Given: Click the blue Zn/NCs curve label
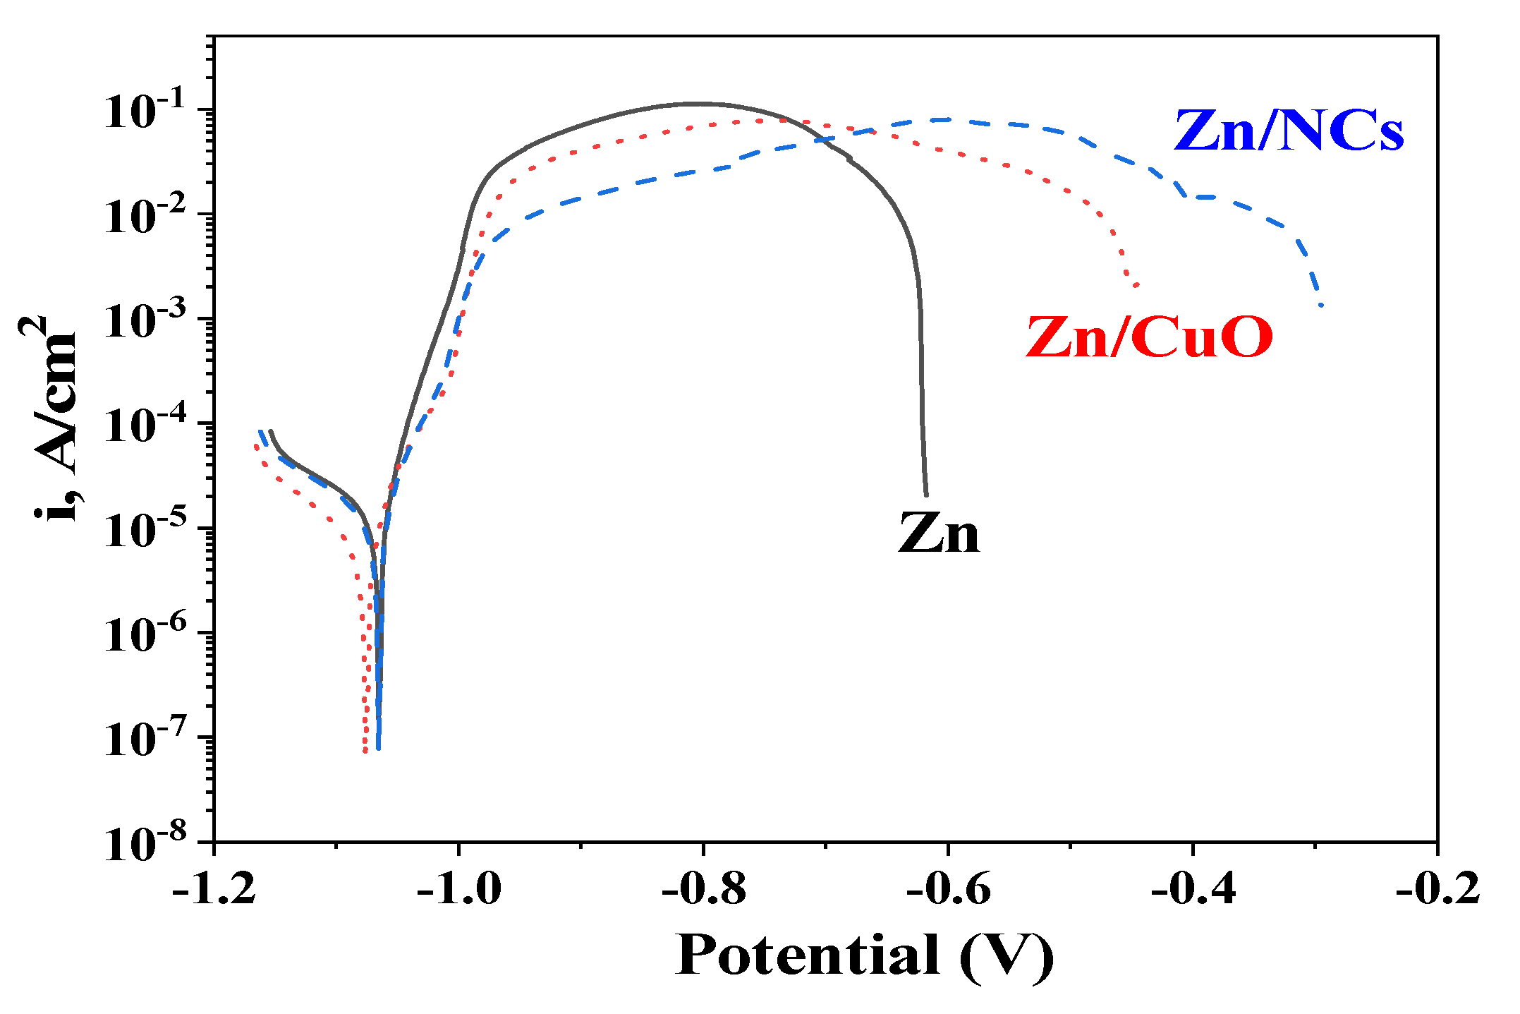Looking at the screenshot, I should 1289,131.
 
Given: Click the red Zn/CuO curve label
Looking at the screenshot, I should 1149,337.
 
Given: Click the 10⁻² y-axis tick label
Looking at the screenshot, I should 145,216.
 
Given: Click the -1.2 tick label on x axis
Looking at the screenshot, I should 214,888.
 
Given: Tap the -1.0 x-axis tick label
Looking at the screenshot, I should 459,888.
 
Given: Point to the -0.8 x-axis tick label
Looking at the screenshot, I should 704,888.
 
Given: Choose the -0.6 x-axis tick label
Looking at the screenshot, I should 949,888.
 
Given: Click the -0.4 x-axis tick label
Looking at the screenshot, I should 1193,888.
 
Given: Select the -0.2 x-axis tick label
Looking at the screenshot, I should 1437,888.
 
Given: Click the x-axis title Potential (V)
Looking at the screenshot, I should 863,956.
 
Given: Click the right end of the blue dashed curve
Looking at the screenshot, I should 1321,305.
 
